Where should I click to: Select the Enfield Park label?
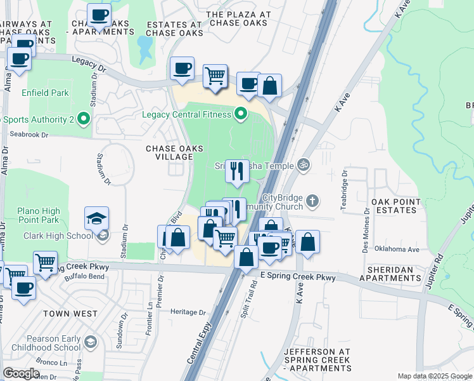click(x=45, y=93)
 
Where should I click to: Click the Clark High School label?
click(x=58, y=236)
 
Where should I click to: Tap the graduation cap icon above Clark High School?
click(x=96, y=218)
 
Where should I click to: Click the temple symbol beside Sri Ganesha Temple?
click(x=303, y=165)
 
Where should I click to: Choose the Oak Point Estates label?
click(x=396, y=206)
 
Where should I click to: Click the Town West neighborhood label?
click(x=70, y=314)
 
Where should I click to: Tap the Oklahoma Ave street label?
click(x=397, y=250)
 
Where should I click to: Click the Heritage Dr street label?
click(x=188, y=312)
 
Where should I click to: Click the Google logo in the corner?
click(x=22, y=374)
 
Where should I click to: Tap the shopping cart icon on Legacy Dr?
click(x=215, y=76)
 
